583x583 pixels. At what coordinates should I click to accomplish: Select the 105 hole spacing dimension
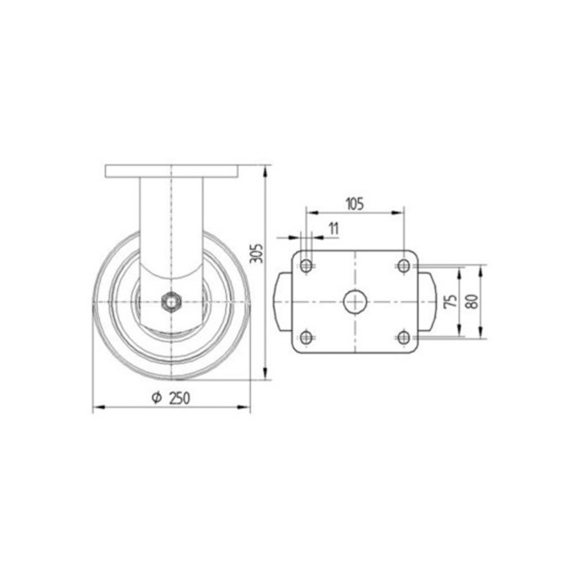point(354,203)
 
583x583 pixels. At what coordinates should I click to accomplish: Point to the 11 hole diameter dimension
point(334,227)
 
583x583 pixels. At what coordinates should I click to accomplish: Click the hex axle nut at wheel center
point(171,301)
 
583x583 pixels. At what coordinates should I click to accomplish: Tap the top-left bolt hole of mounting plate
point(306,265)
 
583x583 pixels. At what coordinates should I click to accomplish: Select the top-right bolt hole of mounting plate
point(404,265)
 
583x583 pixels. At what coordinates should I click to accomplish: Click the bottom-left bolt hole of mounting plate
point(306,337)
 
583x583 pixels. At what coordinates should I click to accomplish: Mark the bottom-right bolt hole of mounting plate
point(404,337)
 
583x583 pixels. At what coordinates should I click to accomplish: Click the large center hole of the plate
point(355,301)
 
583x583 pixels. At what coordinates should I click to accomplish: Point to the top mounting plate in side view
point(172,172)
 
